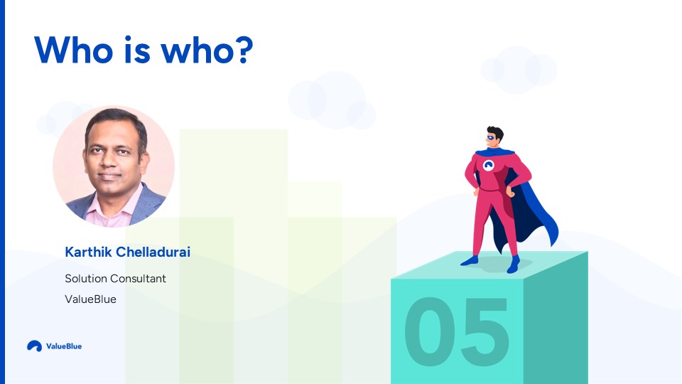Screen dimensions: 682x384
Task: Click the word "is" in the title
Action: [x=137, y=50]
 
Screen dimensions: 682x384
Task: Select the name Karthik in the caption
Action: [x=88, y=252]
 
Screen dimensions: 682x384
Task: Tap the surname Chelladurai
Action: [x=153, y=252]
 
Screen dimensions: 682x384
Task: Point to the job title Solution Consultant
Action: [x=115, y=278]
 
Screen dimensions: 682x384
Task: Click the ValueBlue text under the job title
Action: [x=90, y=299]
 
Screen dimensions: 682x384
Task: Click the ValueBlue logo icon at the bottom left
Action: [x=34, y=346]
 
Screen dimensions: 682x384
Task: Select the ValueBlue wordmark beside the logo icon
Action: [x=64, y=346]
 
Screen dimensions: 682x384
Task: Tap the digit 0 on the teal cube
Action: [x=431, y=331]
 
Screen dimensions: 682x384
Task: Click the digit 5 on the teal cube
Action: [x=484, y=331]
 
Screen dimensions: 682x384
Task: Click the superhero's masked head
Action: [x=494, y=137]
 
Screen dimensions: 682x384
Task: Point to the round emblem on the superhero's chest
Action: [x=489, y=166]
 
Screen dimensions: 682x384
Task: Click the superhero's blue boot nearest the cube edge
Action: [x=514, y=265]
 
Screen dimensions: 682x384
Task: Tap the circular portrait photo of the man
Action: [x=114, y=166]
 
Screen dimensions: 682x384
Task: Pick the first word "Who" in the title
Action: [x=74, y=50]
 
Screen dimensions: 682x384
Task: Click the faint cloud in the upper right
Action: [x=519, y=70]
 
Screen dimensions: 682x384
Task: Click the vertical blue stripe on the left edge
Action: [x=2, y=192]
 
